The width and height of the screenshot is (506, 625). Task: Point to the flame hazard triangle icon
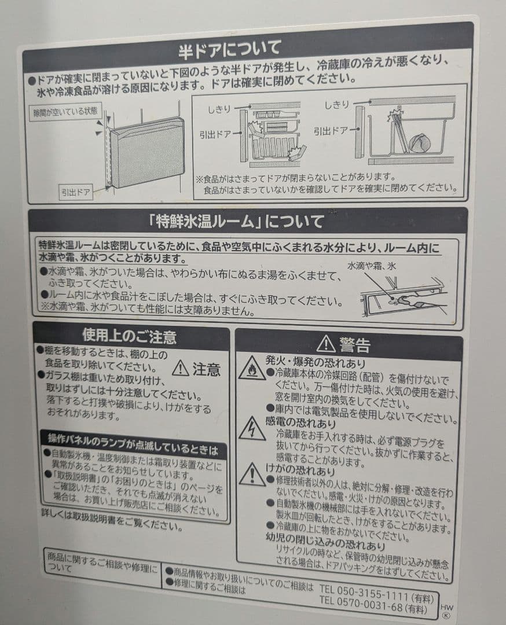(x=252, y=369)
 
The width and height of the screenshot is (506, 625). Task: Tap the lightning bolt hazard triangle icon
(x=252, y=429)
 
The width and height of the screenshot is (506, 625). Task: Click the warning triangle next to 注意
(x=181, y=367)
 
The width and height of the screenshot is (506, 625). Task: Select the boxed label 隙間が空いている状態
(x=65, y=111)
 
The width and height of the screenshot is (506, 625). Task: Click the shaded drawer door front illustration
(x=147, y=152)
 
